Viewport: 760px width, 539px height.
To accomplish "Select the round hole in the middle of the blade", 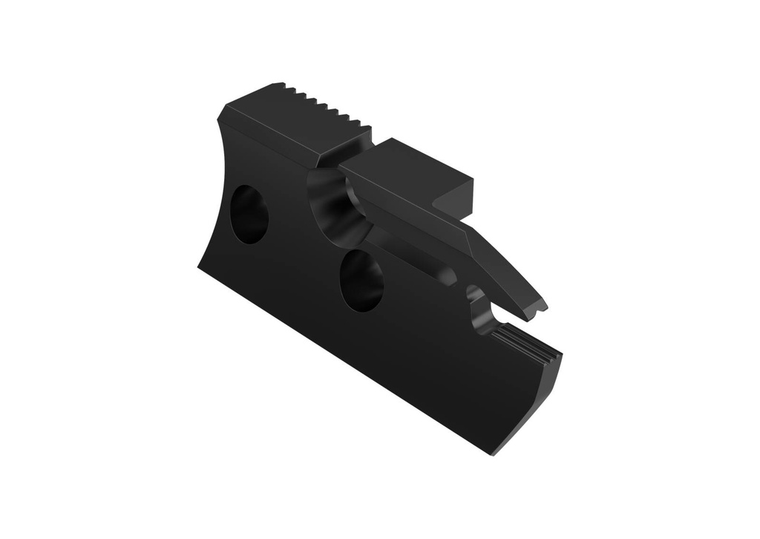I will coord(361,280).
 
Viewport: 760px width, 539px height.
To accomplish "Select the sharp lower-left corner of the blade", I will coord(199,267).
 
